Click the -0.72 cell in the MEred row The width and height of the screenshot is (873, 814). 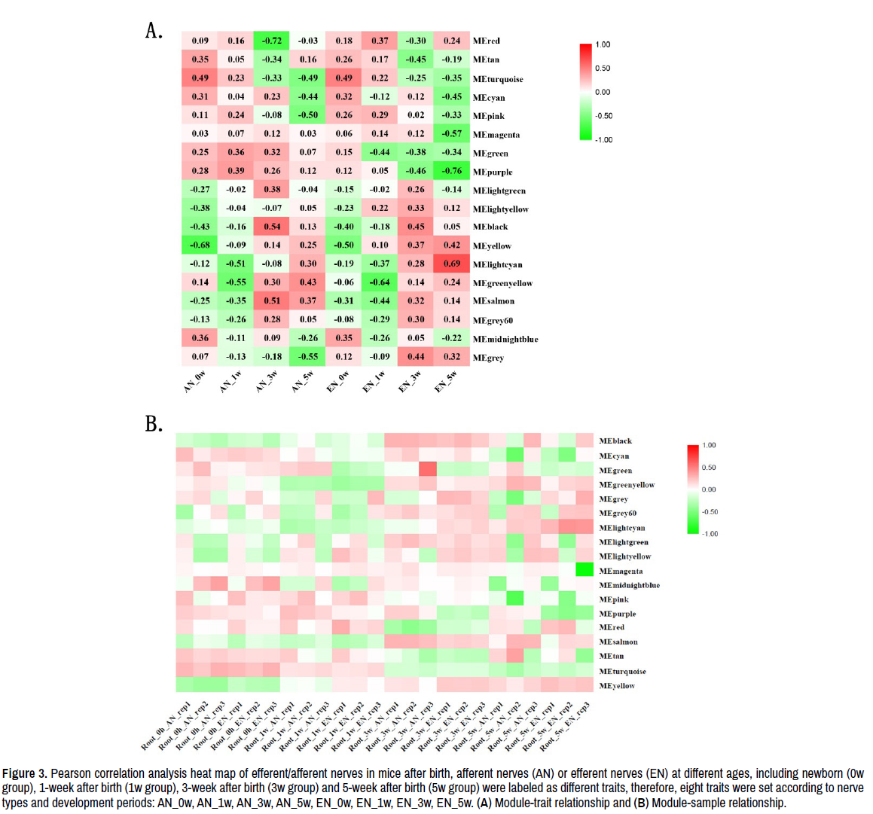point(272,41)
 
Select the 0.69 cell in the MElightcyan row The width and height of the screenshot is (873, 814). point(452,264)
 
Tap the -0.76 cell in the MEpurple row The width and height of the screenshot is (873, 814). point(452,171)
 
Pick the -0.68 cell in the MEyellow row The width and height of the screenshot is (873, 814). point(200,245)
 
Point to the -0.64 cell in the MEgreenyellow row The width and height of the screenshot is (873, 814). point(380,282)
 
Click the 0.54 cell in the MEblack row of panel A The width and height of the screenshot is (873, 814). point(272,227)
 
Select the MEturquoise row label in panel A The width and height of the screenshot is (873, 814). point(498,79)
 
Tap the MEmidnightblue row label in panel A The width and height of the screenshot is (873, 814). point(505,339)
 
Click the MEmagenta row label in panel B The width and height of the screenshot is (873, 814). point(621,571)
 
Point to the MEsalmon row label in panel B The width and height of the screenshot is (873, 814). point(618,642)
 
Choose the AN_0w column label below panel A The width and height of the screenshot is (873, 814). point(195,381)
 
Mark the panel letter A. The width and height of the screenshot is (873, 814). point(154,31)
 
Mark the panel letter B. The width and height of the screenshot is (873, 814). point(154,424)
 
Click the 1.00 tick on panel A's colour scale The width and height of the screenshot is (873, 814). point(603,44)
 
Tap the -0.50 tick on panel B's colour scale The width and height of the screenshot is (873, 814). point(710,512)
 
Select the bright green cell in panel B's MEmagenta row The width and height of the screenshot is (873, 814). point(585,570)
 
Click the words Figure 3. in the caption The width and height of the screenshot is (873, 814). point(25,773)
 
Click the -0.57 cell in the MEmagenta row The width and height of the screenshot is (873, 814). point(452,134)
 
